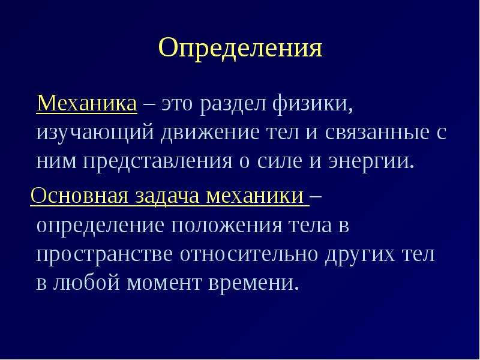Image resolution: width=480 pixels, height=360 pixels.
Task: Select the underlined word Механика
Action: tap(86, 103)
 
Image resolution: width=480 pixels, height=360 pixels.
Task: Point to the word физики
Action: tap(312, 103)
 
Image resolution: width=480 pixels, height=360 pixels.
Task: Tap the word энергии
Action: tap(371, 162)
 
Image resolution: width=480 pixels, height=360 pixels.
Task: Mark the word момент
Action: tap(164, 283)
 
